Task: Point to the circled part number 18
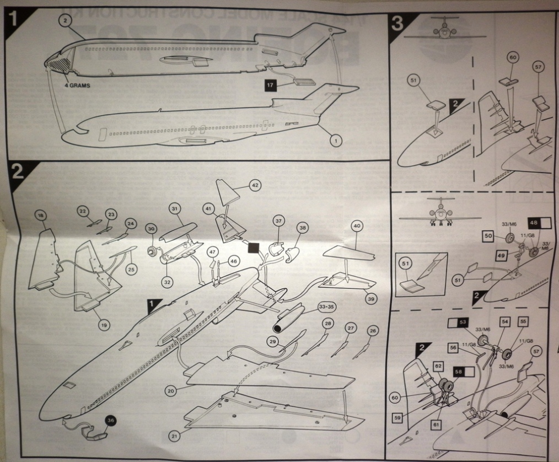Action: coord(41,215)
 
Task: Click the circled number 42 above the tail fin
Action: coord(255,186)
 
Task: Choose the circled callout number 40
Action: coord(357,226)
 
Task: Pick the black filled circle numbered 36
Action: coord(110,420)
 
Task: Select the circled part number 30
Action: coord(151,229)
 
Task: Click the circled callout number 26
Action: coord(373,330)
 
